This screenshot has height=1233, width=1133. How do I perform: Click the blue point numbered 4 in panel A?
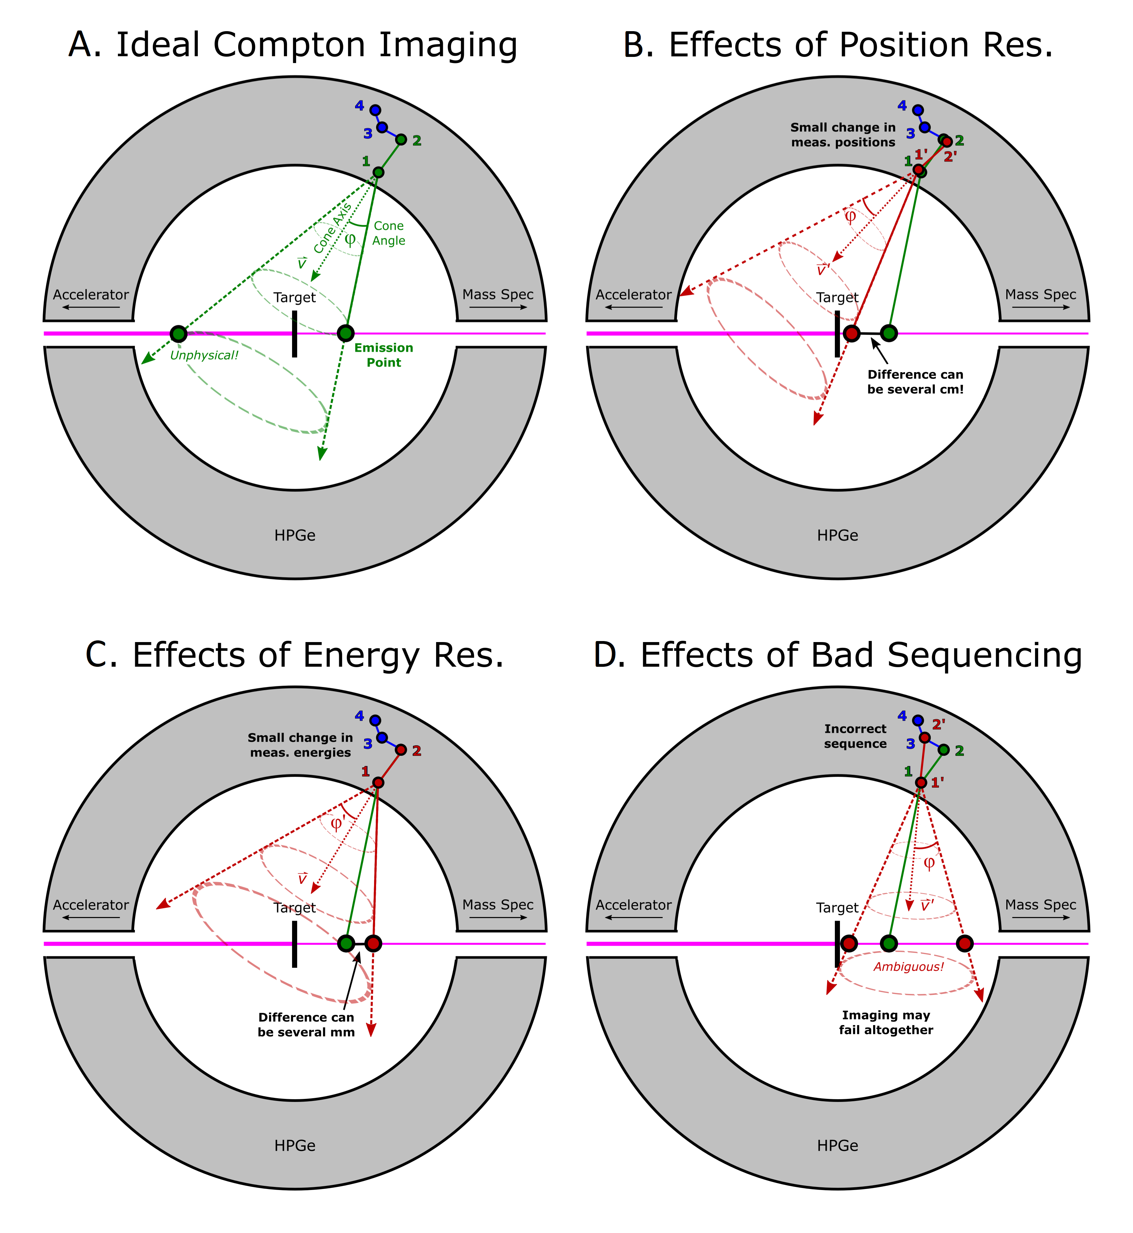[x=375, y=110]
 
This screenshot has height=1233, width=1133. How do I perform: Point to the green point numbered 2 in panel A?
[x=401, y=140]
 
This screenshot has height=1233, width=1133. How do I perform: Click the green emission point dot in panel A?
[x=346, y=333]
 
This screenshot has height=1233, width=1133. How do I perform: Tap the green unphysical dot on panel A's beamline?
[x=179, y=333]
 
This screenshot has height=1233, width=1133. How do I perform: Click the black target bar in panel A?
[x=294, y=333]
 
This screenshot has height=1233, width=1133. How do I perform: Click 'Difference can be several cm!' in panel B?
[x=915, y=382]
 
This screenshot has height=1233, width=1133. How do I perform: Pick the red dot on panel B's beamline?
[x=851, y=333]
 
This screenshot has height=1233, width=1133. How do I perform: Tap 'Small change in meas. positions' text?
[x=843, y=135]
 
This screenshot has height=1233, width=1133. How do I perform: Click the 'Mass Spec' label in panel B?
[x=1041, y=295]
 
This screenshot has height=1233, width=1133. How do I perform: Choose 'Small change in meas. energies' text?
[x=301, y=745]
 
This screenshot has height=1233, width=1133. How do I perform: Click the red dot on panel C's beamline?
[x=373, y=943]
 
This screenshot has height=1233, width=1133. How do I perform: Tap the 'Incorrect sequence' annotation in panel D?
[x=855, y=736]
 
